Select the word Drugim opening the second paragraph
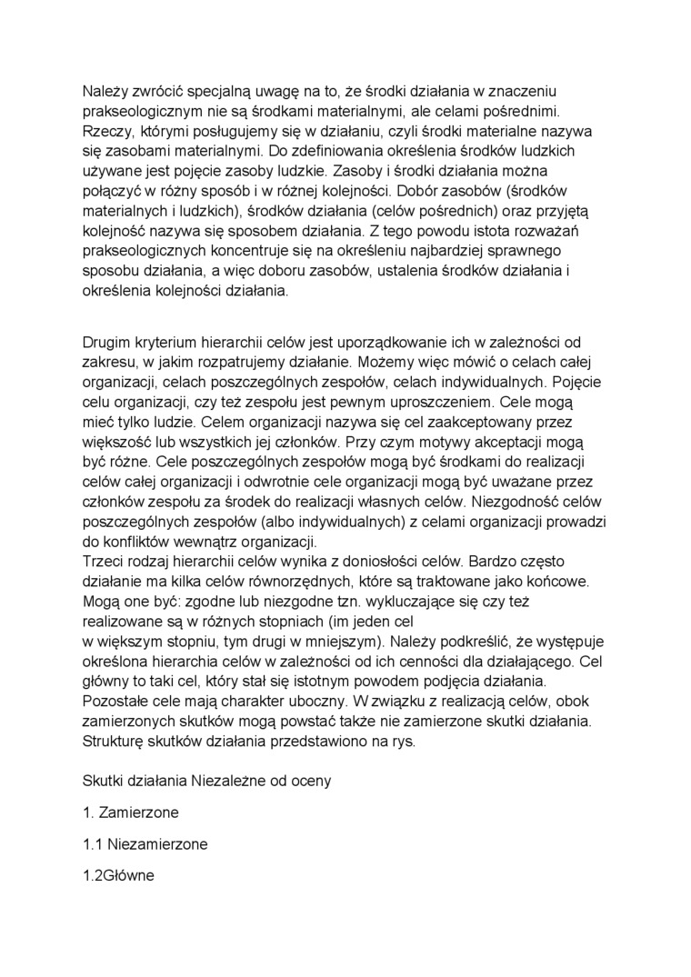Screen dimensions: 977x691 click(108, 343)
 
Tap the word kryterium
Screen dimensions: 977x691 click(168, 343)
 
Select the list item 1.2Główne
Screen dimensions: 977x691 click(118, 876)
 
